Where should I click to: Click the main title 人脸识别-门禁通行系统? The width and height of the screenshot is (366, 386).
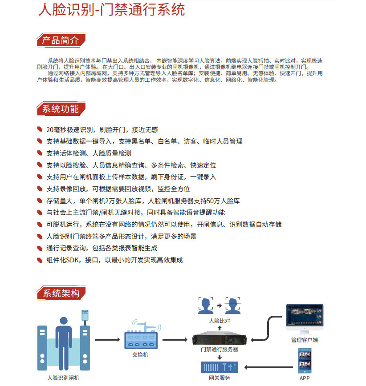pyautogui.click(x=111, y=10)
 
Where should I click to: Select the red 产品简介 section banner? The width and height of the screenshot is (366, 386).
pyautogui.click(x=60, y=40)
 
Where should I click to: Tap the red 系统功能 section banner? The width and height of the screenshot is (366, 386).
pyautogui.click(x=60, y=109)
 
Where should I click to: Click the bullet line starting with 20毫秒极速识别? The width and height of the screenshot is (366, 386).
pyautogui.click(x=102, y=129)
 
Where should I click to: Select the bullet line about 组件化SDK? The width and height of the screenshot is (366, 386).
pyautogui.click(x=114, y=260)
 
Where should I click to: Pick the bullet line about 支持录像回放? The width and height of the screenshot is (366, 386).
pyautogui.click(x=118, y=189)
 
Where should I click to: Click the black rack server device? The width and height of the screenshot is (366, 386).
pyautogui.click(x=219, y=339)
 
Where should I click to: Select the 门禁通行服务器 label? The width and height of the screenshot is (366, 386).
pyautogui.click(x=220, y=350)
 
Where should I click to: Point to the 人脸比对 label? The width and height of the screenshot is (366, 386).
pyautogui.click(x=219, y=320)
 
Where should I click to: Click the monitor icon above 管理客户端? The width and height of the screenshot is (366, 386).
pyautogui.click(x=305, y=318)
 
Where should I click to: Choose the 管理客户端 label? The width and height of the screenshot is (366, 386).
pyautogui.click(x=305, y=340)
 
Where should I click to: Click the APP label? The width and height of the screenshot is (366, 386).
pyautogui.click(x=305, y=378)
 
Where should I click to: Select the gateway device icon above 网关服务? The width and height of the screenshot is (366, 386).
pyautogui.click(x=219, y=367)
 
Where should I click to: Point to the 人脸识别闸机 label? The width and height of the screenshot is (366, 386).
pyautogui.click(x=64, y=378)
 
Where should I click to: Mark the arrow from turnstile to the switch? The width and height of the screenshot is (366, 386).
pyautogui.click(x=107, y=340)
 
